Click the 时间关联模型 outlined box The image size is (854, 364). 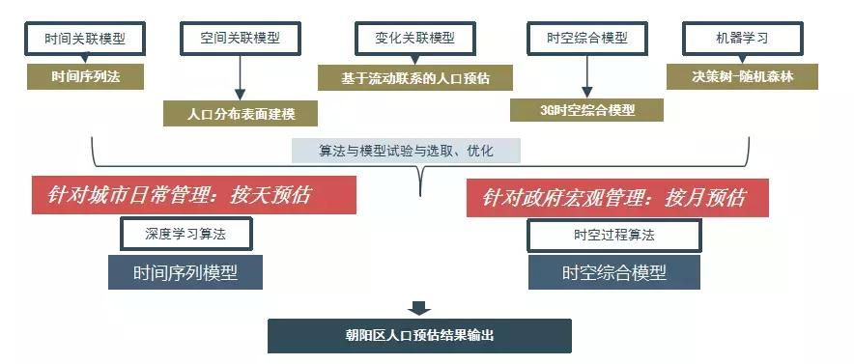pyautogui.click(x=85, y=39)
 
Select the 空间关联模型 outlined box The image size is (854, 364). pyautogui.click(x=241, y=39)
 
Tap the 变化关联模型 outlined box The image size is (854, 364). pyautogui.click(x=414, y=39)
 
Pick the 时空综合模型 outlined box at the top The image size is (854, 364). pyautogui.click(x=587, y=39)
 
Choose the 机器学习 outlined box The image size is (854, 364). pyautogui.click(x=742, y=39)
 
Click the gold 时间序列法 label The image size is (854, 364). pyautogui.click(x=85, y=75)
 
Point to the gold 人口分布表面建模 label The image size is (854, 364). pyautogui.click(x=241, y=112)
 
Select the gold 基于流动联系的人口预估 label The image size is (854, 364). pyautogui.click(x=414, y=77)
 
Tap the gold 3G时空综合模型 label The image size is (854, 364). pyautogui.click(x=587, y=109)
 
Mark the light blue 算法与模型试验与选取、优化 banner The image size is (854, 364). pyautogui.click(x=406, y=151)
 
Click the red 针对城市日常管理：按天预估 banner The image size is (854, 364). pyautogui.click(x=193, y=196)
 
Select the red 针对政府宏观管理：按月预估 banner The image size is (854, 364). pyautogui.click(x=619, y=197)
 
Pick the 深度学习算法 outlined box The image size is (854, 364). pyautogui.click(x=185, y=234)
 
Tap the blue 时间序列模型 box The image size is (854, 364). pyautogui.click(x=185, y=272)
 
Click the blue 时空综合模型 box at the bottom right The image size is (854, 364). pyautogui.click(x=613, y=272)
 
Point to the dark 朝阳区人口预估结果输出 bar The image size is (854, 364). pyautogui.click(x=419, y=335)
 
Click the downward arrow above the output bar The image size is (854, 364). pyautogui.click(x=419, y=309)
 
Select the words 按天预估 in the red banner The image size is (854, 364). pyautogui.click(x=270, y=196)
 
